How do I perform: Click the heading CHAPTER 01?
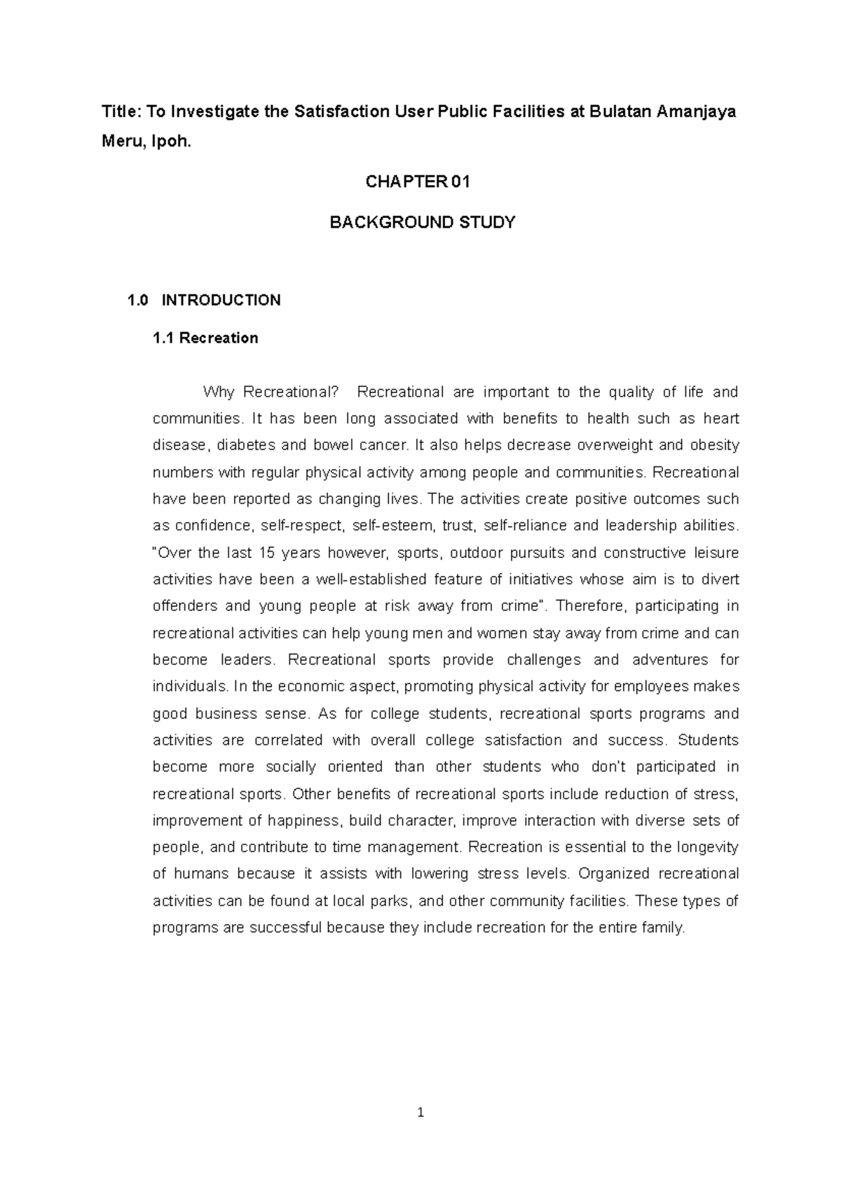click(418, 182)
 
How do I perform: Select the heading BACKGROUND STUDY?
click(423, 223)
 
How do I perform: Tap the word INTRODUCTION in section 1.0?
click(221, 301)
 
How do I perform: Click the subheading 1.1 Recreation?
click(205, 338)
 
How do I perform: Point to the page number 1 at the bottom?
click(420, 1112)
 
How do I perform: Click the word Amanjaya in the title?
click(696, 112)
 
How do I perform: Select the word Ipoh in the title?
click(171, 143)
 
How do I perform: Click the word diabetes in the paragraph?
click(248, 446)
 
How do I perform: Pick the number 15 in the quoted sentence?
click(267, 553)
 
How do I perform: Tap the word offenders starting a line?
click(183, 606)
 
